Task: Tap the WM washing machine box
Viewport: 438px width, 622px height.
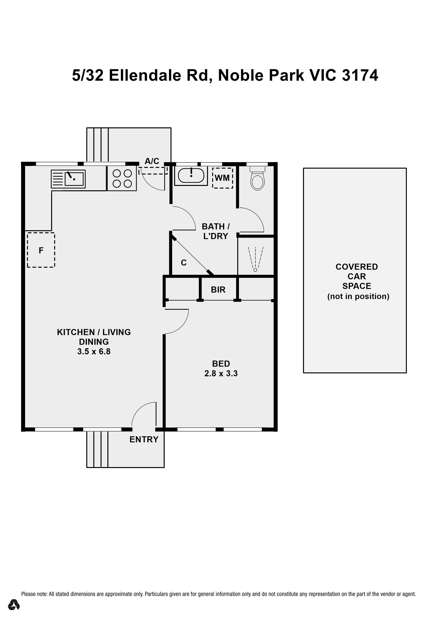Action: coord(222,178)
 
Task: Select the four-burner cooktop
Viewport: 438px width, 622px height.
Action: coord(122,178)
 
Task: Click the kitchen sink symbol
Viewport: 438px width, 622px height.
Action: coord(68,179)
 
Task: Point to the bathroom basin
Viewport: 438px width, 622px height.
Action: coord(191,175)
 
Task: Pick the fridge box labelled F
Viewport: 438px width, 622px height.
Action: coord(41,250)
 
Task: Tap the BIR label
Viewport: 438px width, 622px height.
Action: coord(218,290)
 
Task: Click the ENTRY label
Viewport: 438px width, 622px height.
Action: coord(144,439)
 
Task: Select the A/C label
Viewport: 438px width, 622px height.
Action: coord(152,161)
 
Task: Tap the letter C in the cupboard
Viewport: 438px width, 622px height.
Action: coord(184,263)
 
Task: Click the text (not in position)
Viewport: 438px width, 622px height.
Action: coord(358,296)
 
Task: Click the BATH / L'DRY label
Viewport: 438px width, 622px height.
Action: coord(216,231)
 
